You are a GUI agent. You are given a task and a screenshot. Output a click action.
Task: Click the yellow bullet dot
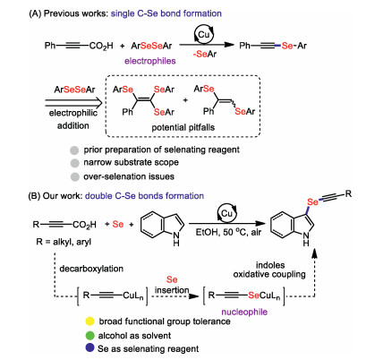click(90, 321)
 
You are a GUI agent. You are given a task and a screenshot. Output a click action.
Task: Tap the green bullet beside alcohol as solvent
click(90, 335)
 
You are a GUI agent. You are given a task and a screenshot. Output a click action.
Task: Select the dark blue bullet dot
click(90, 348)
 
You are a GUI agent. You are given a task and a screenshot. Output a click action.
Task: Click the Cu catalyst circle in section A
click(204, 35)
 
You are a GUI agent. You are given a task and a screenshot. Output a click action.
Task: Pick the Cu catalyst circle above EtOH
click(226, 213)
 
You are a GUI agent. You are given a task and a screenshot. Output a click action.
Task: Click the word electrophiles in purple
click(150, 61)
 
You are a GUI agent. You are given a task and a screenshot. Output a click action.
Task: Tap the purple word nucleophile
click(244, 312)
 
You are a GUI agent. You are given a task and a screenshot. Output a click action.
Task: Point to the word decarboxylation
click(91, 269)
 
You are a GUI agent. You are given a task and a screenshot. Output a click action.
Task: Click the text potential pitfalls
click(183, 127)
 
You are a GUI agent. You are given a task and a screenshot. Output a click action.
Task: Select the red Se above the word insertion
click(172, 279)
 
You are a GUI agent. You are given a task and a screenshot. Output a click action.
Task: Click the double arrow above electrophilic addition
click(73, 103)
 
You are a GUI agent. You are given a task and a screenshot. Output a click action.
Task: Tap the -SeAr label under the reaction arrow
click(205, 54)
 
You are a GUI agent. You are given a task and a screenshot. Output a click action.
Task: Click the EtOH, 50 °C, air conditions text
click(228, 232)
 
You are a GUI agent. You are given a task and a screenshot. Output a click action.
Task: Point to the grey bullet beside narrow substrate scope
click(74, 163)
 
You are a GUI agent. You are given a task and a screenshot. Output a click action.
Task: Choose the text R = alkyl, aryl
click(64, 242)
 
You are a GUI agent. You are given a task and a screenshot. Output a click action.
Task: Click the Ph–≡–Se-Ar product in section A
click(273, 46)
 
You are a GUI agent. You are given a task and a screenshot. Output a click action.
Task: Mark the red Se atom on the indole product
click(312, 202)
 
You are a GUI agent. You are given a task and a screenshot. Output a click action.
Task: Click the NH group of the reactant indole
click(176, 239)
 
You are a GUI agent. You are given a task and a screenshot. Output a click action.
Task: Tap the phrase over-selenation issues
click(129, 176)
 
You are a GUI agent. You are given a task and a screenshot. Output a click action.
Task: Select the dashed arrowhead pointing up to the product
click(314, 254)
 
